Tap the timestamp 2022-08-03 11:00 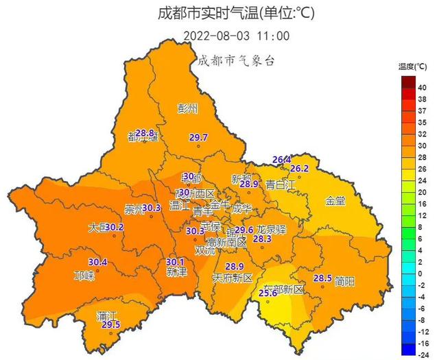point(237,36)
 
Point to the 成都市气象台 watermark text point(235,60)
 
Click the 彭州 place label point(187,108)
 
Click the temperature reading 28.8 point(145,132)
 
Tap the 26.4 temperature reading point(281,160)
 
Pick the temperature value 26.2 point(300,169)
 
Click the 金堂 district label point(335,201)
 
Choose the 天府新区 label point(233,278)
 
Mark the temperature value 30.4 point(98,261)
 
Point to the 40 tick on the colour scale point(423,87)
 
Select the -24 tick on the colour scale point(422,355)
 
